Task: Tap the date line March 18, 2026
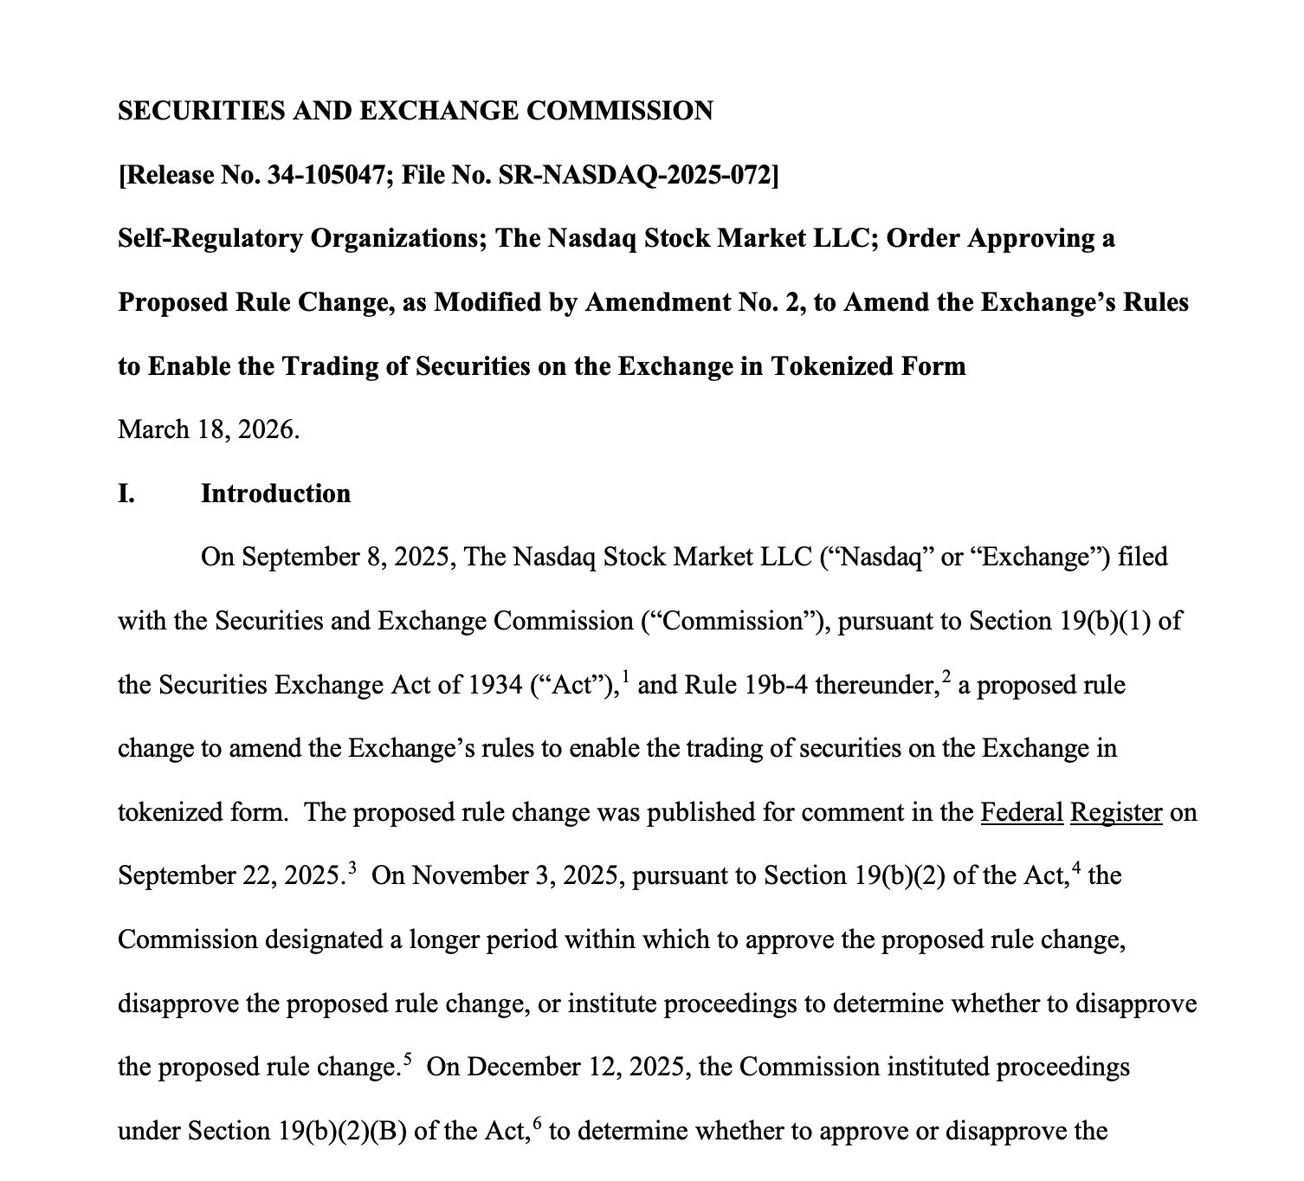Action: (x=209, y=429)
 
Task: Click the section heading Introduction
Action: (x=275, y=494)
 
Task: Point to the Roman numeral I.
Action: (x=126, y=494)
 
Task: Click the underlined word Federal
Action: (x=1022, y=812)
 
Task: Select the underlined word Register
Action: (x=1116, y=812)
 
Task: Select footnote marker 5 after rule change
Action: (x=408, y=1057)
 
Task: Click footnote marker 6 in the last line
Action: (x=538, y=1122)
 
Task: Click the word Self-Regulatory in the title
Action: (x=210, y=239)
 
